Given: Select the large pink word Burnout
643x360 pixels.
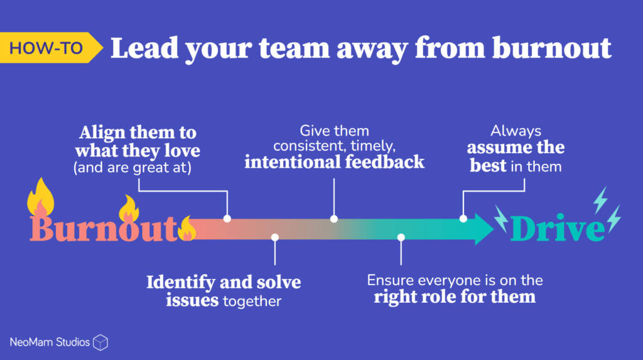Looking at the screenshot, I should coord(104,229).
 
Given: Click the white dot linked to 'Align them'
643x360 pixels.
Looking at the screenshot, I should coord(227,219).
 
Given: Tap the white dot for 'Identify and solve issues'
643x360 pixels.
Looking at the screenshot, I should coord(274,237).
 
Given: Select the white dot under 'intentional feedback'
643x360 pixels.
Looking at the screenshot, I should coord(334,219).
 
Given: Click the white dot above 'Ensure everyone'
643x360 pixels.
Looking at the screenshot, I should coord(401,237).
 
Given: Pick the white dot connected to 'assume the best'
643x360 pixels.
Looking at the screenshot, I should coord(463,219).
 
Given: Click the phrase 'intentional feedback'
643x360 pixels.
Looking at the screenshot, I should coord(334,162).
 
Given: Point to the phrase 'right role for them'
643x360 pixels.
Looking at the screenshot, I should coord(455,296).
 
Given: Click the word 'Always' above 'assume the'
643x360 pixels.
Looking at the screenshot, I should coord(516,131).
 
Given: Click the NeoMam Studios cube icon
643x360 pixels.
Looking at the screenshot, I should coord(100,342).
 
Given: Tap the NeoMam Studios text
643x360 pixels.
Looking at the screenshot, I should coord(50,342).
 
